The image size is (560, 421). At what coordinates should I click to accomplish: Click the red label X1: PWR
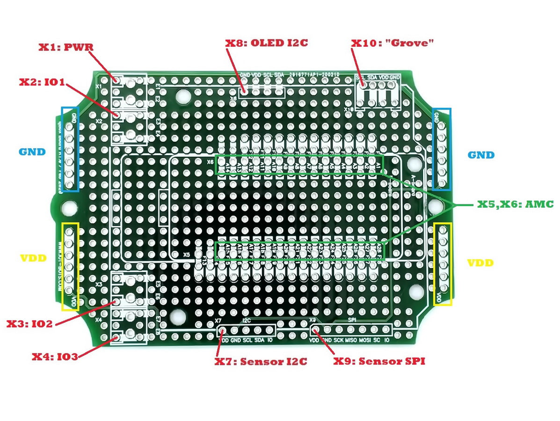point(66,47)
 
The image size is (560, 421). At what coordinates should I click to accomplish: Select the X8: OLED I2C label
point(267,43)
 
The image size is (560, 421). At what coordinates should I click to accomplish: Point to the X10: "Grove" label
point(393,43)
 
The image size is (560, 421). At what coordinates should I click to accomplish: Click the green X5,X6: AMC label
point(515,204)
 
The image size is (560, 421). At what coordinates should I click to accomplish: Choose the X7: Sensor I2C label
point(261,362)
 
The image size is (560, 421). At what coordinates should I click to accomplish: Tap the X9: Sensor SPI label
point(379,362)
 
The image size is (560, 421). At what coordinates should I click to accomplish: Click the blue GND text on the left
point(32,152)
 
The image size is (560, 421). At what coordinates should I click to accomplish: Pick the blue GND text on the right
point(481,155)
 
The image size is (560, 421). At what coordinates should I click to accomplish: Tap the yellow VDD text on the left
point(32,258)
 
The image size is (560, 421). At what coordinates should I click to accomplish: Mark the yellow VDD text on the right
point(480,263)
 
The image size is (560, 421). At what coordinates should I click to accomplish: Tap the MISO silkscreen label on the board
point(351,341)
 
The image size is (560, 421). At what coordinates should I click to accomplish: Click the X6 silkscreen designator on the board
point(211,162)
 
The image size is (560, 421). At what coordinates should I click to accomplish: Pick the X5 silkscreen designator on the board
point(186,255)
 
